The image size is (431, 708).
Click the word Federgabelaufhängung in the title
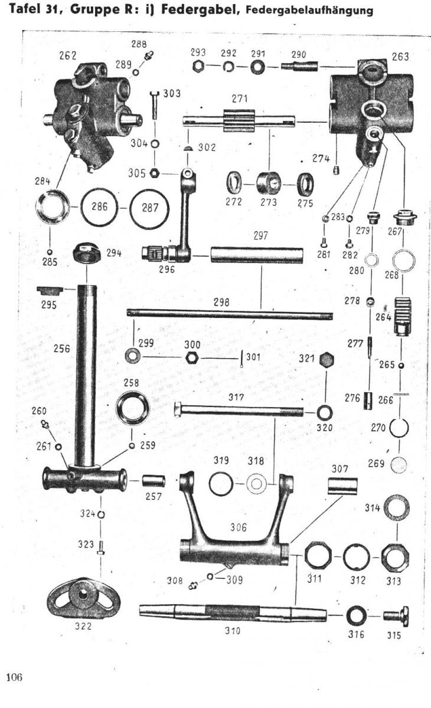pos(309,11)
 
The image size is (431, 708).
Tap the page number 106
pos(14,677)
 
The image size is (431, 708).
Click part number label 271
pos(240,99)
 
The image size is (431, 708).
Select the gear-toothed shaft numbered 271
pos(239,121)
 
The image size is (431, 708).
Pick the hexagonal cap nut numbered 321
pos(326,360)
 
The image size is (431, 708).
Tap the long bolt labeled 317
pos(239,410)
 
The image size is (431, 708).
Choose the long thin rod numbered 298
pos(230,314)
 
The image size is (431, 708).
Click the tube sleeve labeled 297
pos(257,255)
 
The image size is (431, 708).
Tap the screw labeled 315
pos(396,615)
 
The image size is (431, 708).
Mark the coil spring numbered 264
pos(402,316)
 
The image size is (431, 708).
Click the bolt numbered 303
pos(155,104)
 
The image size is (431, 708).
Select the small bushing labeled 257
pos(154,481)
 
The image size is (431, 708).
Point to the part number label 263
pos(400,57)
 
